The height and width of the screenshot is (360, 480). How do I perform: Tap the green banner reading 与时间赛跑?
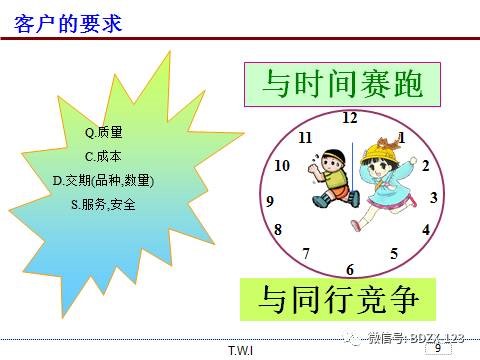click(342, 84)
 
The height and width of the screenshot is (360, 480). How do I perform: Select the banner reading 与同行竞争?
click(341, 299)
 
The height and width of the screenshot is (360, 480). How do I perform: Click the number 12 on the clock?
click(349, 118)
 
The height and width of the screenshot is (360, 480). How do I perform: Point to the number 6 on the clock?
click(350, 270)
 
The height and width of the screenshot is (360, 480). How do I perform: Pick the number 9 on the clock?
click(270, 201)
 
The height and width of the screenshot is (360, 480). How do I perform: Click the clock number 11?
click(305, 137)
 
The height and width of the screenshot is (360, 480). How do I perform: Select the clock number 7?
click(306, 253)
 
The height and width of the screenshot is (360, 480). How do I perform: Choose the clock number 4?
click(426, 230)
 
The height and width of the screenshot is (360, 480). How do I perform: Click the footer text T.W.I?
click(240, 350)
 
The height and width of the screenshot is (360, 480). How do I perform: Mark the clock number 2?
click(425, 166)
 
